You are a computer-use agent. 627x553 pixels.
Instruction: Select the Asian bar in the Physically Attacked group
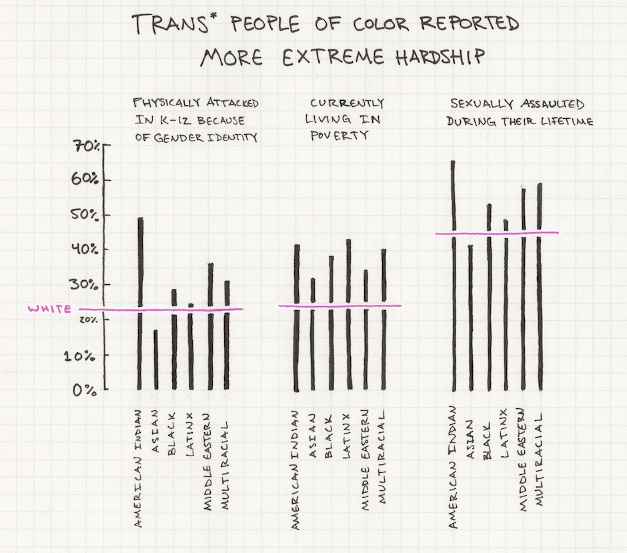tap(156, 360)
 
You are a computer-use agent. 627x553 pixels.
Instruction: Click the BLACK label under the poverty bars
tap(329, 436)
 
